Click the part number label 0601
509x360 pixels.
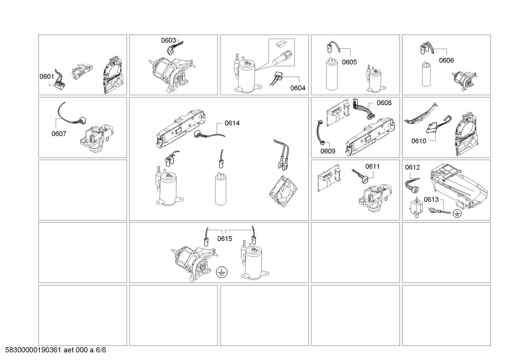47,76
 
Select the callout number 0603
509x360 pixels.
169,40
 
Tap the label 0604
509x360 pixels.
298,88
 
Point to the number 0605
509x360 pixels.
349,62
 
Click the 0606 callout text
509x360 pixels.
447,60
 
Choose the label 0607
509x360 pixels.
59,134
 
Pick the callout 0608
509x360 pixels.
384,103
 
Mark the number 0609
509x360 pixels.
328,151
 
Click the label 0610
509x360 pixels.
419,141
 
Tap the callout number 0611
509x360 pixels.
372,166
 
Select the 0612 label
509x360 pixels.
412,167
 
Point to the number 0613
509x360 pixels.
431,200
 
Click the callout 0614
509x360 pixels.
232,123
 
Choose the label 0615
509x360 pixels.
225,238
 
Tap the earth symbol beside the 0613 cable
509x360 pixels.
457,213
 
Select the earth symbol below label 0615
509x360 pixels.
222,272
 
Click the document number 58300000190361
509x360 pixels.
33,350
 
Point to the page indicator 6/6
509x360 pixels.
101,350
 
